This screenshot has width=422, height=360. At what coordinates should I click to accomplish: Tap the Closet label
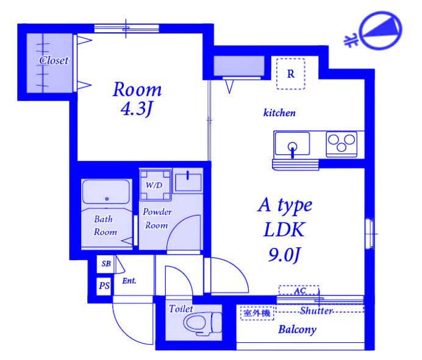point(54,60)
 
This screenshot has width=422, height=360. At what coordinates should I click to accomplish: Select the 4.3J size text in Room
point(137,109)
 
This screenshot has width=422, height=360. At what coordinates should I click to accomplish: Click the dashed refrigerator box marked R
point(291,74)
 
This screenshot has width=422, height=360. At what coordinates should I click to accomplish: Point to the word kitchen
point(279,113)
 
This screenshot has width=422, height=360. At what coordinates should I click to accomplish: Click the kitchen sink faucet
point(292,149)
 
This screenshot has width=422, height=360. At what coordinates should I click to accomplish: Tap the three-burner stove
point(342,144)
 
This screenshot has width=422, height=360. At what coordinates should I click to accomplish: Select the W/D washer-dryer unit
point(155,185)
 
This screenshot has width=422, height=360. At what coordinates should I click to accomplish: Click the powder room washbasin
point(188,182)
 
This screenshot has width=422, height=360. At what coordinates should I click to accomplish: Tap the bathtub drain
point(107,199)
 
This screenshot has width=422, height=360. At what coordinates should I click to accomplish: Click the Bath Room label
point(105,225)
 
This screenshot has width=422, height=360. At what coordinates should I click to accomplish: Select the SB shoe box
point(105,264)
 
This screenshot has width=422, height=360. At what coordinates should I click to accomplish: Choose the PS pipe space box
point(104,286)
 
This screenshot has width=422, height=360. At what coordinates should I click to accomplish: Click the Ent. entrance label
point(129,281)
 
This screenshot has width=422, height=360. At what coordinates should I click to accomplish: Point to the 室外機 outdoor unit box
point(257,313)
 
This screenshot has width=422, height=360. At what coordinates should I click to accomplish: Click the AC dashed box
point(299,291)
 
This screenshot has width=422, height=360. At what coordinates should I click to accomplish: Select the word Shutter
point(316,311)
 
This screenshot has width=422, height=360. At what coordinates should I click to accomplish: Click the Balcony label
point(297,330)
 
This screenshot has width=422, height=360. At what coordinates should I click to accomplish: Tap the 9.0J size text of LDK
point(284,255)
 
